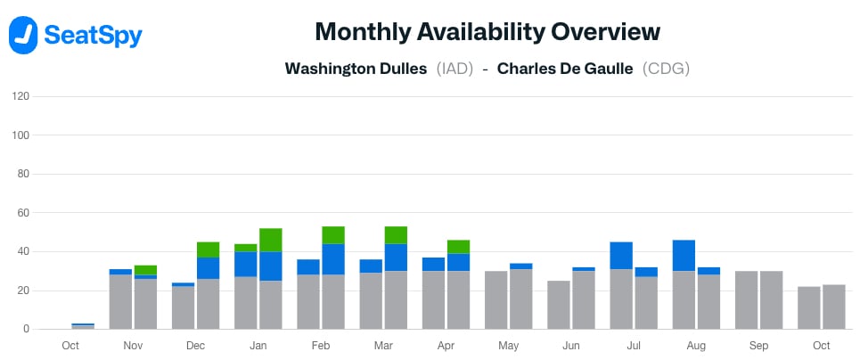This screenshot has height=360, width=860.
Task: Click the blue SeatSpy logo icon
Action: (23, 35)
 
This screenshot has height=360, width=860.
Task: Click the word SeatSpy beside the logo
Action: (92, 36)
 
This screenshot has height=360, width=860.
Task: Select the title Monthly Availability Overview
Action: (487, 32)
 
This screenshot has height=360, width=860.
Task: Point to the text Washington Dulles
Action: (356, 69)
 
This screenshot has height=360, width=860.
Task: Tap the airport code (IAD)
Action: (455, 69)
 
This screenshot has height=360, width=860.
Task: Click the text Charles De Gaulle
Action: (565, 69)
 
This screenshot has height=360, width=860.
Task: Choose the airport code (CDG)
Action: (666, 69)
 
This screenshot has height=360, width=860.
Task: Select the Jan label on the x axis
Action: (258, 346)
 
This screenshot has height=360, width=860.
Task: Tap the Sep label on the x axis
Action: (758, 346)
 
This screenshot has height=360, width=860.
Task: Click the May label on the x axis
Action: (508, 346)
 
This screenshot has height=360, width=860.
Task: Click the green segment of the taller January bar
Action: (270, 240)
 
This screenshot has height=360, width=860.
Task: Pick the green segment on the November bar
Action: (145, 270)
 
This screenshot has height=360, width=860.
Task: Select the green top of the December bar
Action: (208, 250)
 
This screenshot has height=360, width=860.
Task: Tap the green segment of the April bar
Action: (458, 247)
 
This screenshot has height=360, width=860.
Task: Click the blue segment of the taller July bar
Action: (621, 256)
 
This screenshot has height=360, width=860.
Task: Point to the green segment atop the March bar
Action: (396, 235)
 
